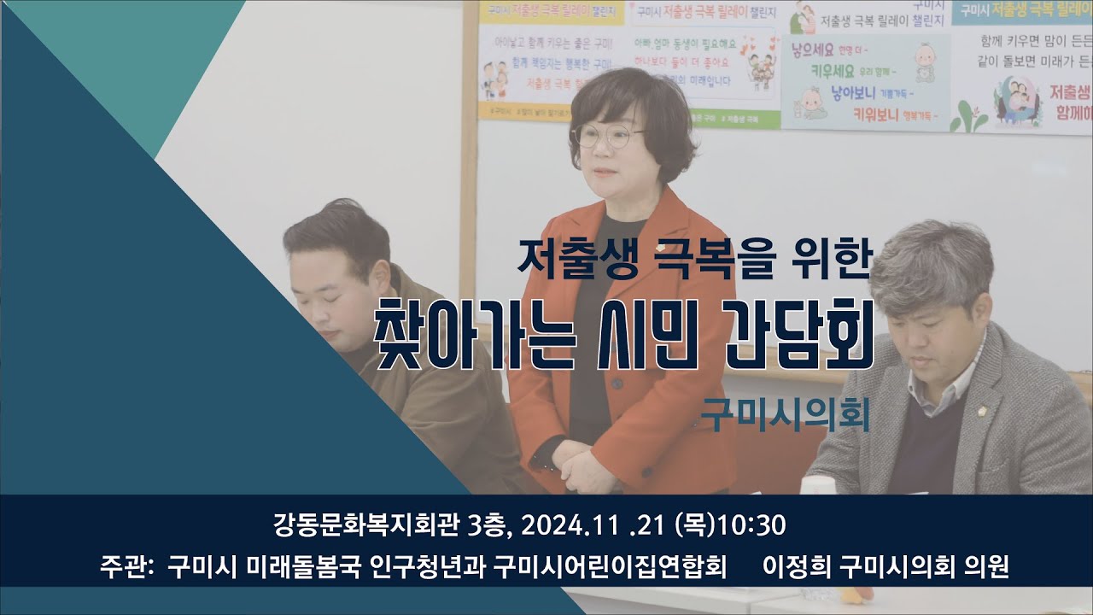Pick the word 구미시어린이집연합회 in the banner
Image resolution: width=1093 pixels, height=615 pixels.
point(611,567)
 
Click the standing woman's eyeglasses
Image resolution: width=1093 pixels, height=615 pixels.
point(608,135)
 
